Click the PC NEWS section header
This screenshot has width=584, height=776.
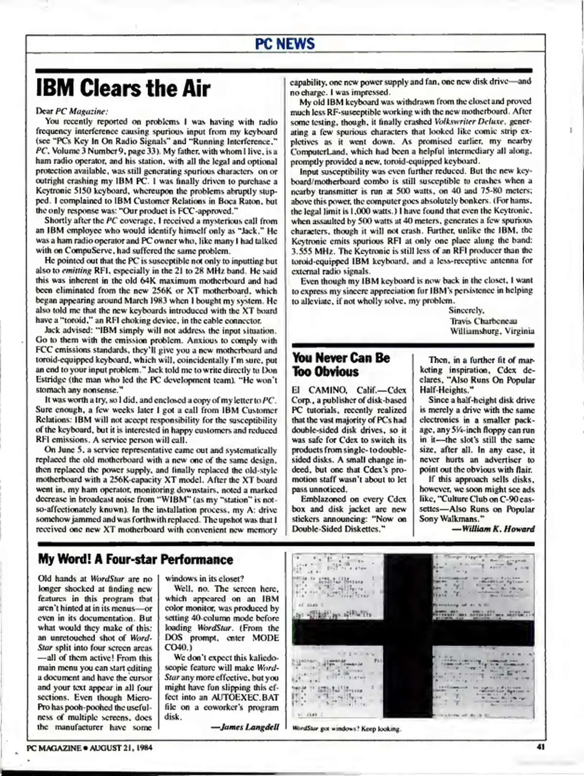click(285, 44)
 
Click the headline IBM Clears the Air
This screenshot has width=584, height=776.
click(123, 89)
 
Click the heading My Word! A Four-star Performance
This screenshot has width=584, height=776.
click(135, 559)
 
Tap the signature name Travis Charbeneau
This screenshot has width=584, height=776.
click(483, 321)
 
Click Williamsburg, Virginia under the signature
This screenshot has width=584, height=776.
click(492, 331)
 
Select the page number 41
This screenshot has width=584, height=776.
click(541, 747)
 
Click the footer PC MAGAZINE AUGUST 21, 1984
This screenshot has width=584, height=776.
click(89, 748)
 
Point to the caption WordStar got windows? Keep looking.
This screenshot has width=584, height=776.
click(346, 729)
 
